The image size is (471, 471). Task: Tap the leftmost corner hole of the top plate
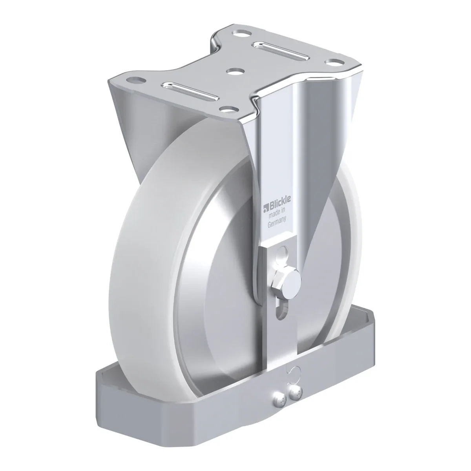(135, 80)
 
